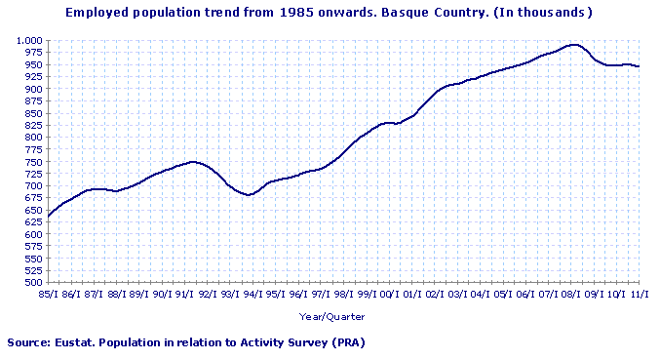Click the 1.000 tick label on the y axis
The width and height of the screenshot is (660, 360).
coord(28,40)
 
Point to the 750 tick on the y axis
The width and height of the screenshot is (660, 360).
coord(32,161)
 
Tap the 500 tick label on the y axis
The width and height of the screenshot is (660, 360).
coord(32,282)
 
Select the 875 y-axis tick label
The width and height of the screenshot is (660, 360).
coord(32,100)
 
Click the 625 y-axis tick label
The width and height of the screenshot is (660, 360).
coord(32,221)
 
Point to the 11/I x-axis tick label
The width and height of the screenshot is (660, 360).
coord(640,293)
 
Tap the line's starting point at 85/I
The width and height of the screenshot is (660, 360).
coord(47,216)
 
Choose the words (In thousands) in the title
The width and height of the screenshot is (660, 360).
coord(545,13)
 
